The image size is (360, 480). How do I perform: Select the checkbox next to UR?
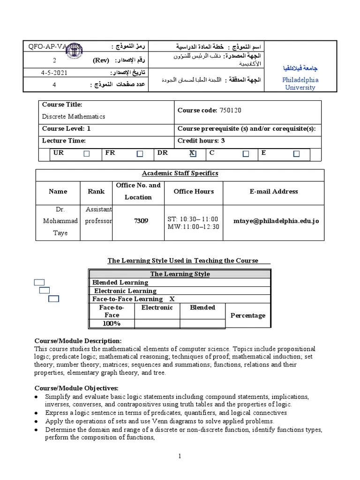tap(86, 154)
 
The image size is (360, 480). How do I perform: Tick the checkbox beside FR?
tap(140, 154)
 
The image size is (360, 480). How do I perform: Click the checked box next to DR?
tap(193, 154)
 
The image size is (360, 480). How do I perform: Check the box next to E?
tap(296, 154)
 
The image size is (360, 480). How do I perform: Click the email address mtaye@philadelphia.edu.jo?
tap(277, 220)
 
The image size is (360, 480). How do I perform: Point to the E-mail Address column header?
tap(274, 191)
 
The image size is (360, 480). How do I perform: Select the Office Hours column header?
tap(194, 191)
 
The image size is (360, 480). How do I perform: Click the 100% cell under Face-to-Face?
tap(112, 323)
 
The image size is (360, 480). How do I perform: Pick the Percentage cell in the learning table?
tap(248, 315)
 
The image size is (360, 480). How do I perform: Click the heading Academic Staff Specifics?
tap(180, 173)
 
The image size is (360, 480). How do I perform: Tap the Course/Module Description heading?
tap(78, 341)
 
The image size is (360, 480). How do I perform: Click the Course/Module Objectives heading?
tap(76, 388)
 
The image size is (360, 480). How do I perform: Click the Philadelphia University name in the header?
tap(300, 83)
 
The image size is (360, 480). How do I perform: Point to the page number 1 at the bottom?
tap(180, 456)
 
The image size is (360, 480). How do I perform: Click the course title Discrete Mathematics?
tap(74, 116)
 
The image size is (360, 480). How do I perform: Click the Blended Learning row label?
tap(120, 283)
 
